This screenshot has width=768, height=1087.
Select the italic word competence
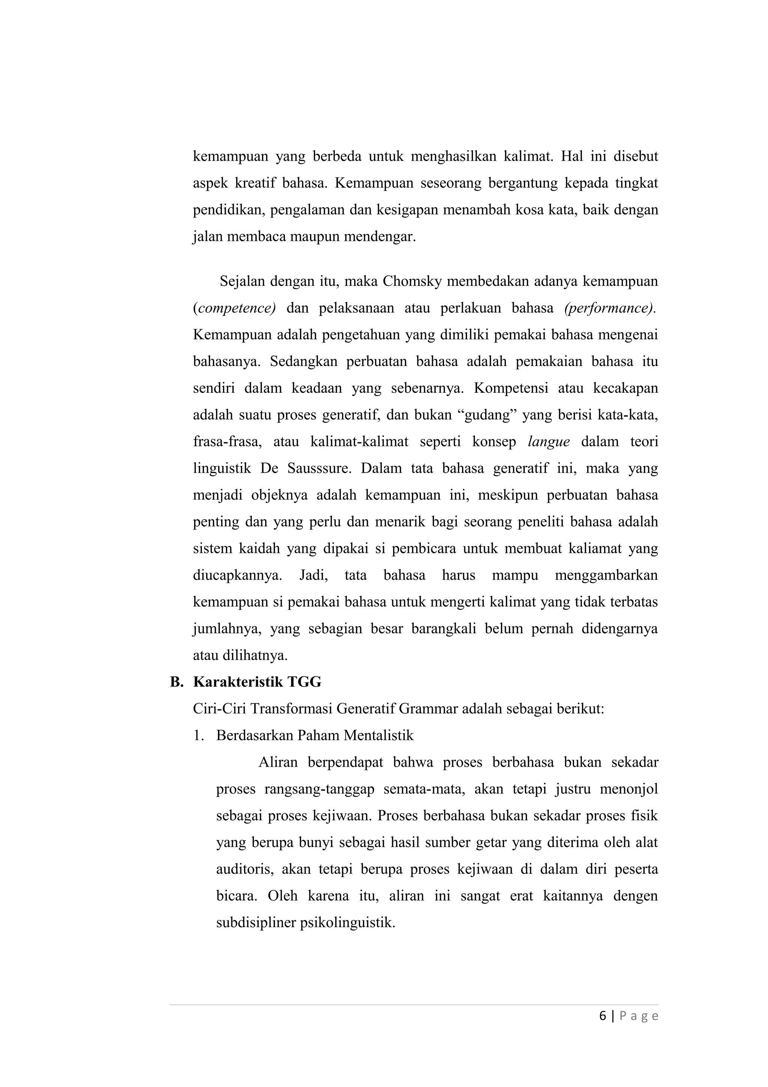click(236, 309)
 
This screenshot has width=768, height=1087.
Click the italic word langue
click(548, 442)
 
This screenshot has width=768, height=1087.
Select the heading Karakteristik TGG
click(257, 682)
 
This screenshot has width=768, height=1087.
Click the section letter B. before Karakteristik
click(176, 682)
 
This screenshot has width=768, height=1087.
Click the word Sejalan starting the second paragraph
click(241, 282)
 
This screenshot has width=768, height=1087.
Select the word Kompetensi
click(511, 389)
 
